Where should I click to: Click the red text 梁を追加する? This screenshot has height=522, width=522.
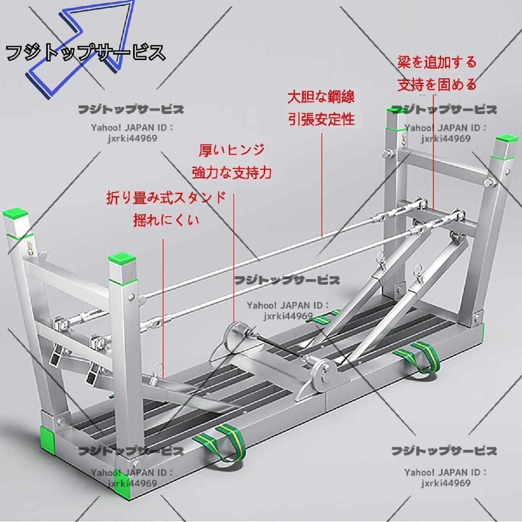[437, 62]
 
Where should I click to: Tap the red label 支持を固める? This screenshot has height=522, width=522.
[437, 84]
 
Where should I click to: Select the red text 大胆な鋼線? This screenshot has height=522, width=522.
[321, 97]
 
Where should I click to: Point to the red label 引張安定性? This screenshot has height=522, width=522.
[321, 119]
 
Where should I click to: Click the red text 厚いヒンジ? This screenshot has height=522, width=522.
[232, 150]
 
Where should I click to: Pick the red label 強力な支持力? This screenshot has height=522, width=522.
[232, 173]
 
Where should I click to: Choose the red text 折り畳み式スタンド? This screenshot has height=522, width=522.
[166, 197]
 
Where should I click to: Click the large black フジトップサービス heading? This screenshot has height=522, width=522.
[86, 53]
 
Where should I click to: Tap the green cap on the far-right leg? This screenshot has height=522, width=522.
[505, 139]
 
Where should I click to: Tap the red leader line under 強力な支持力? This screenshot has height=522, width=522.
[234, 261]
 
